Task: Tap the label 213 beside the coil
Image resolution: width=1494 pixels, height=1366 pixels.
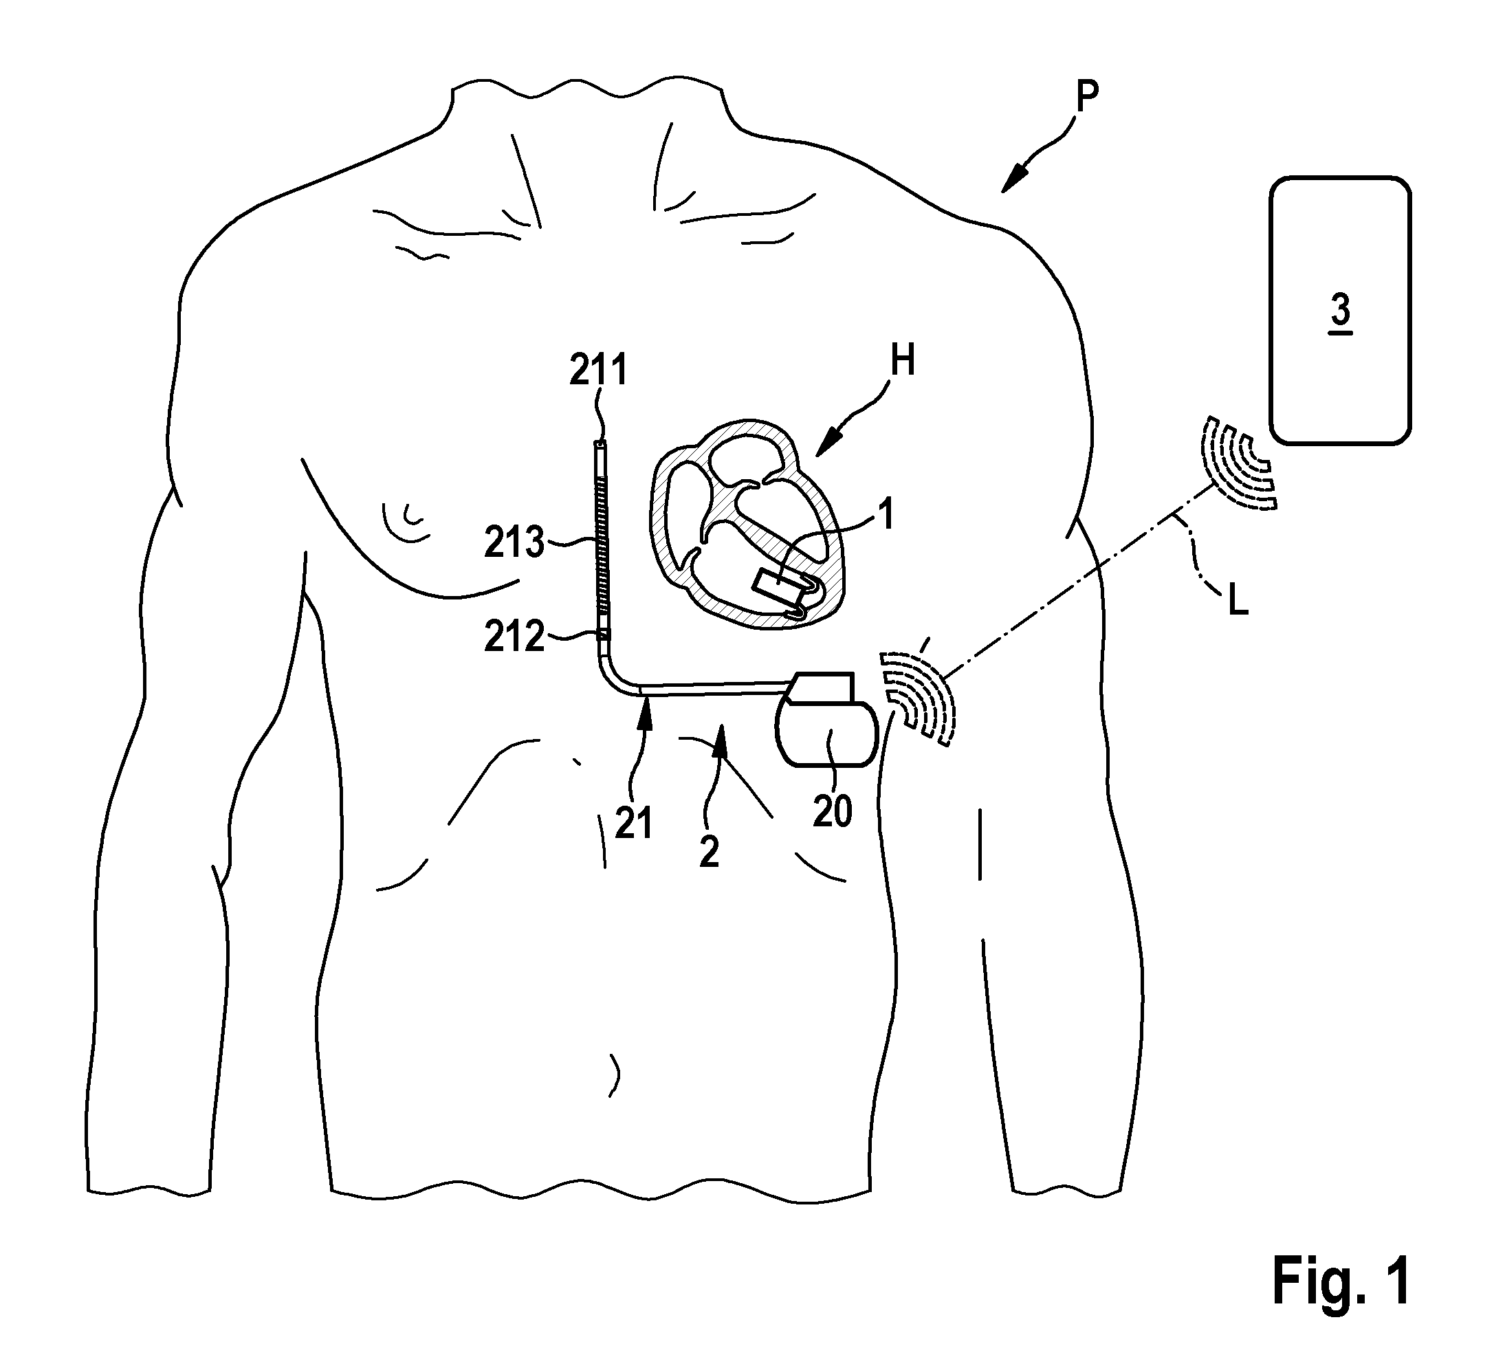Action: [x=514, y=542]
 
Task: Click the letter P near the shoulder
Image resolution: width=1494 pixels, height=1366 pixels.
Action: [x=1087, y=97]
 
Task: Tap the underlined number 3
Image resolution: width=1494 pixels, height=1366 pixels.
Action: [x=1341, y=311]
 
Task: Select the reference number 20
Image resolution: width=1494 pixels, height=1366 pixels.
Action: [x=832, y=812]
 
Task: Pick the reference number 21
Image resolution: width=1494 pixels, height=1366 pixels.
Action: [x=634, y=824]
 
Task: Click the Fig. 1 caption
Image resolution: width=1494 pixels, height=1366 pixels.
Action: [x=1341, y=1281]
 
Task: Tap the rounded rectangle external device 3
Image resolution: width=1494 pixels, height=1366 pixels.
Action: [x=1340, y=310]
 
